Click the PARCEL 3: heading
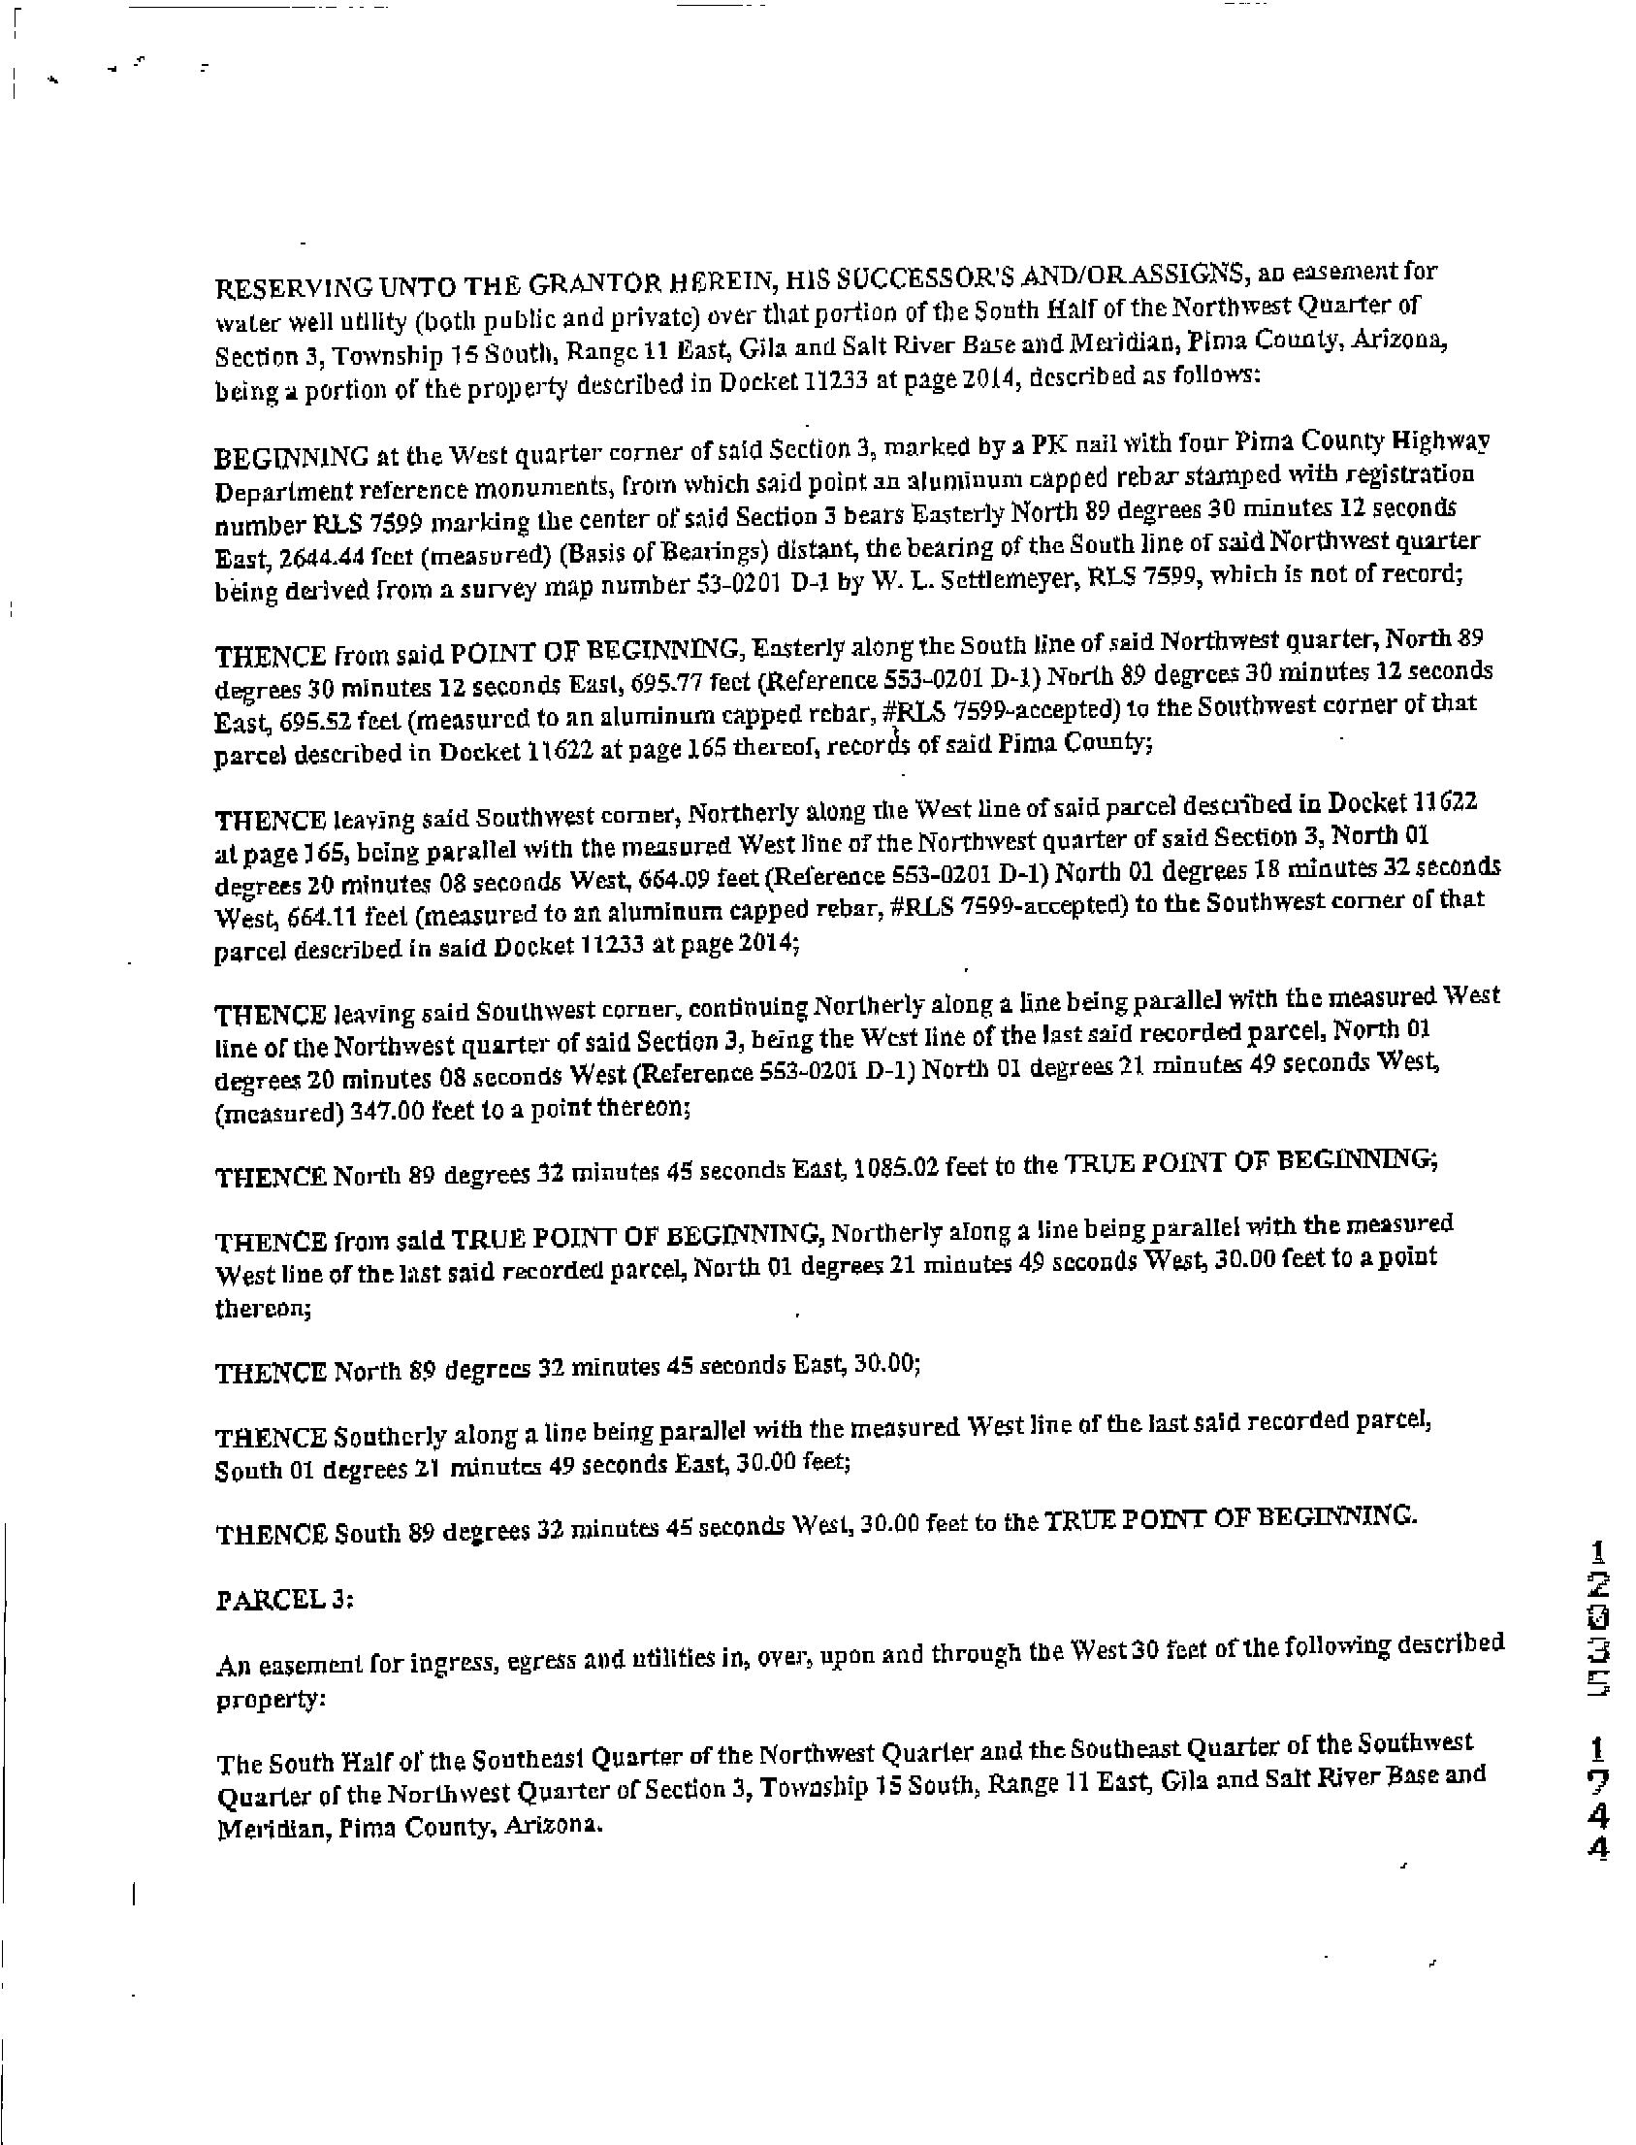[x=283, y=1600]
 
